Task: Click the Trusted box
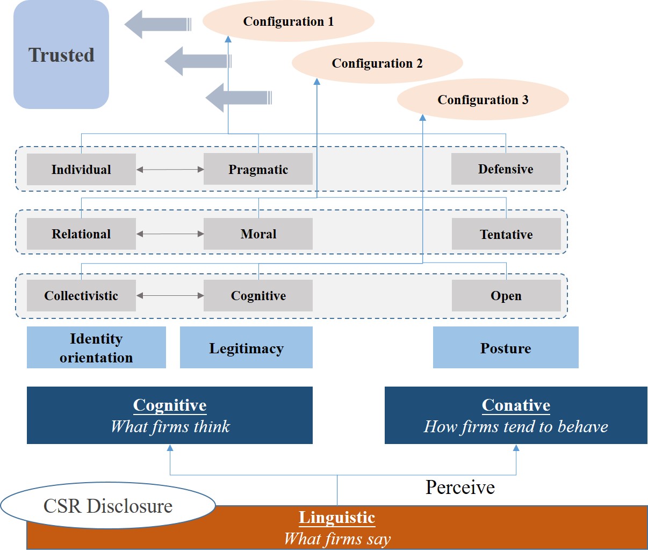(61, 55)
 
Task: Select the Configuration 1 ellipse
(288, 21)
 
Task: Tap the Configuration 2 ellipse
(377, 63)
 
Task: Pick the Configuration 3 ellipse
(483, 100)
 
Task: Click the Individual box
(81, 170)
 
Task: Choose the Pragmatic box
(258, 170)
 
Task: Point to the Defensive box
(506, 169)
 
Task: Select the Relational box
(81, 234)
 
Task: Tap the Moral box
(258, 234)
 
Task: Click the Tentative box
(506, 235)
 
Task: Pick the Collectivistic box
(81, 296)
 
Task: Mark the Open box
(506, 296)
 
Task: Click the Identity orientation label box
(96, 348)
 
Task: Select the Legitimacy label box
(246, 348)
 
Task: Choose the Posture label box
(506, 348)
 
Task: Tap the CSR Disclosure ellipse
(107, 506)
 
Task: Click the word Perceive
(460, 487)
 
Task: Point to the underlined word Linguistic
(337, 518)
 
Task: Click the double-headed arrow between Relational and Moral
(170, 234)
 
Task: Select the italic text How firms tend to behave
(516, 427)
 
